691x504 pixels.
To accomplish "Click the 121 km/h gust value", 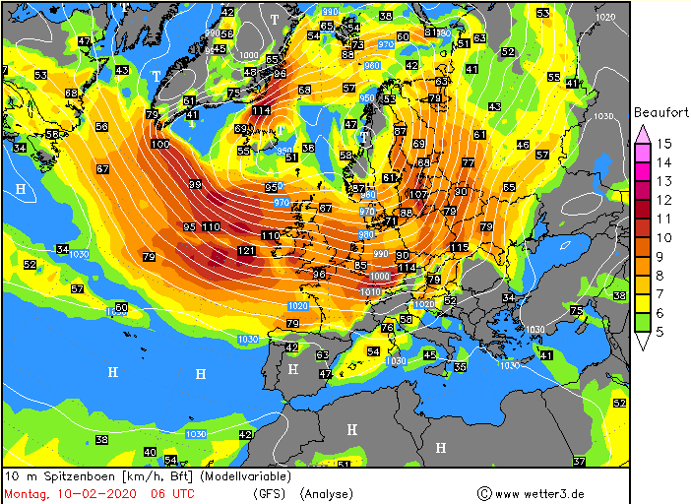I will pyautogui.click(x=247, y=251).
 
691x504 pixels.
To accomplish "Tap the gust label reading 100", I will pyautogui.click(x=159, y=145).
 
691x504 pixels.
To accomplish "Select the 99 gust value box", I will pyautogui.click(x=195, y=185).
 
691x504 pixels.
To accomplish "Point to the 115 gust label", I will pyautogui.click(x=460, y=247).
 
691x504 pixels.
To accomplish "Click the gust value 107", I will pyautogui.click(x=418, y=194).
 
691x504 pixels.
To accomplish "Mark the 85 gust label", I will pyautogui.click(x=360, y=266).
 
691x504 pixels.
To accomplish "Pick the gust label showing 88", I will pyautogui.click(x=406, y=214).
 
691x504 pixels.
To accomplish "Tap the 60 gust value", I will pyautogui.click(x=121, y=308).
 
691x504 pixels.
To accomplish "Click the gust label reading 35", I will pyautogui.click(x=460, y=367).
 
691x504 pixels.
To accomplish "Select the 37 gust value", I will pyautogui.click(x=579, y=462).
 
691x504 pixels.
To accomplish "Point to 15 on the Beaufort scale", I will pyautogui.click(x=664, y=144).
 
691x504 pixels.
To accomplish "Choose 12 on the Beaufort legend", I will pyautogui.click(x=664, y=200).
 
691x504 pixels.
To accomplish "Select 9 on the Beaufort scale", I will pyautogui.click(x=664, y=256).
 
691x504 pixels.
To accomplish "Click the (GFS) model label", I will pyautogui.click(x=270, y=493).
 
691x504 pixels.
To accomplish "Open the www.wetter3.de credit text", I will pyautogui.click(x=540, y=493).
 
